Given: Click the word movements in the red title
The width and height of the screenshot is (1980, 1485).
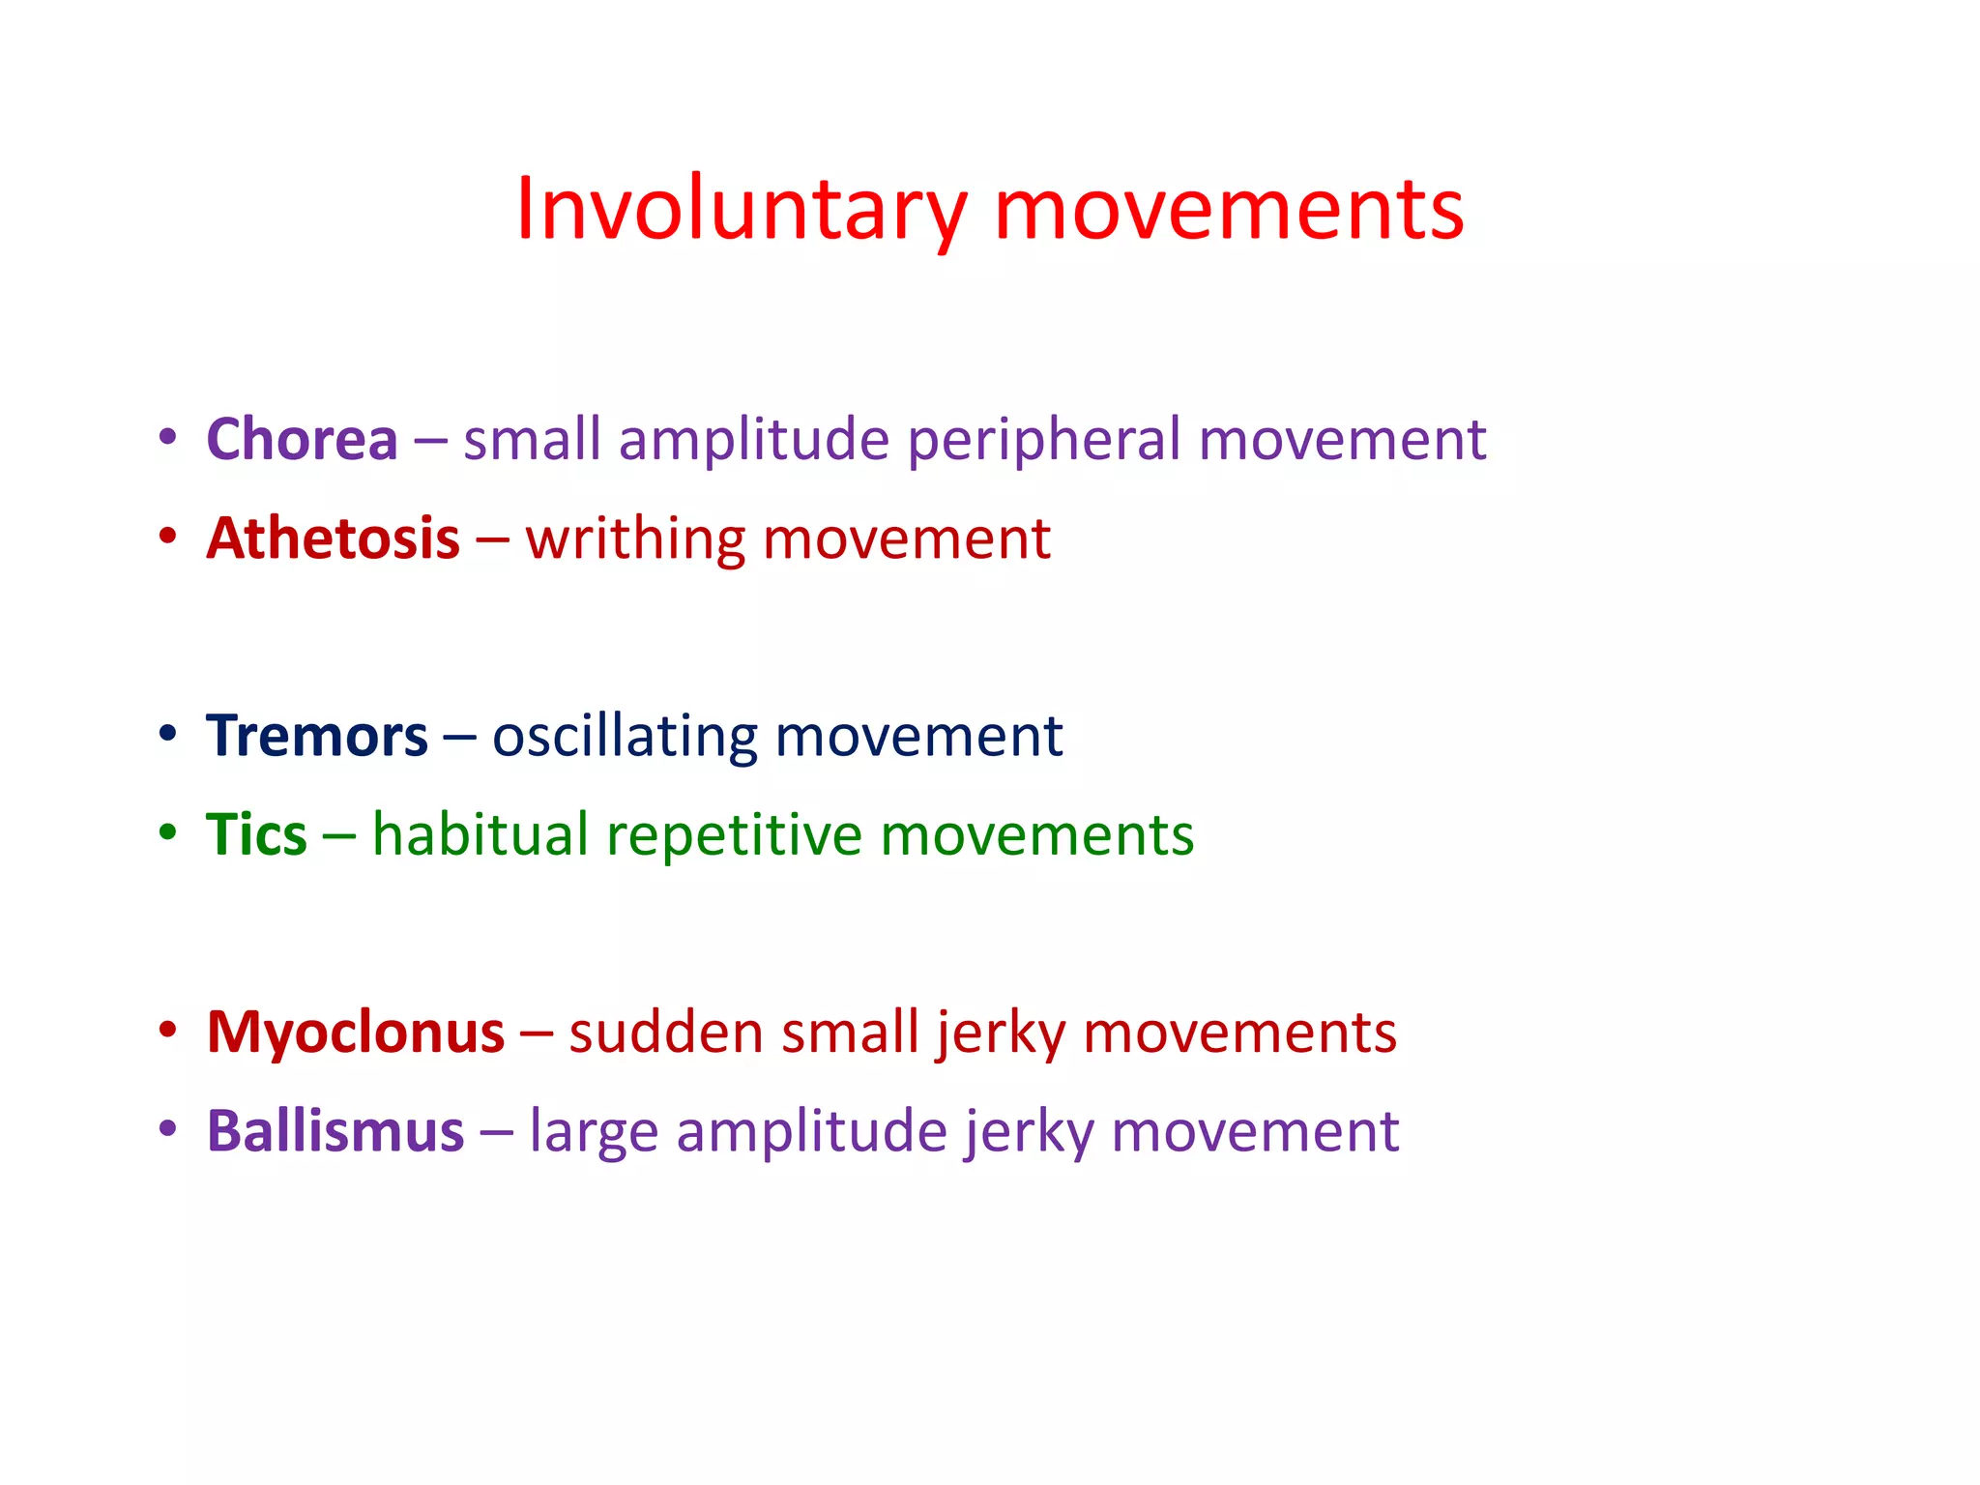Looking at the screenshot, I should [x=1229, y=210].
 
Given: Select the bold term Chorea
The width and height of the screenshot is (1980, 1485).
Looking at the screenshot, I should [x=302, y=440].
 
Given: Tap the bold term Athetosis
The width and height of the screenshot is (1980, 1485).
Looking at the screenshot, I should [x=333, y=539].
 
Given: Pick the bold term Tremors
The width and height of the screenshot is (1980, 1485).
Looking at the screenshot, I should [x=316, y=737].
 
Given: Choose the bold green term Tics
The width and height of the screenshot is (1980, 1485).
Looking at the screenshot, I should [x=256, y=835].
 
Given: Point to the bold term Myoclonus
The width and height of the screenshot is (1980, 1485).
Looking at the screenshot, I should [x=355, y=1033].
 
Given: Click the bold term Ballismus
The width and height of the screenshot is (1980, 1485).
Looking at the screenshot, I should [x=335, y=1131].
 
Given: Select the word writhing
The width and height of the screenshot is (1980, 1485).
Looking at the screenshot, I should [x=634, y=540].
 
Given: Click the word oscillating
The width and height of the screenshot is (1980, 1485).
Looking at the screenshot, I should [x=625, y=737].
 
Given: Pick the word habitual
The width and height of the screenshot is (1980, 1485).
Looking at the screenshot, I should [x=480, y=835].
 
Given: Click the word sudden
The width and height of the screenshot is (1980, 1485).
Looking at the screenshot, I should [x=666, y=1033].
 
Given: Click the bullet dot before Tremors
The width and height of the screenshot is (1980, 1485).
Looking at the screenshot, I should [x=168, y=734].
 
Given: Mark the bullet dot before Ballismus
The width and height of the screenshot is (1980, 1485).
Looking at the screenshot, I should [x=168, y=1128].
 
